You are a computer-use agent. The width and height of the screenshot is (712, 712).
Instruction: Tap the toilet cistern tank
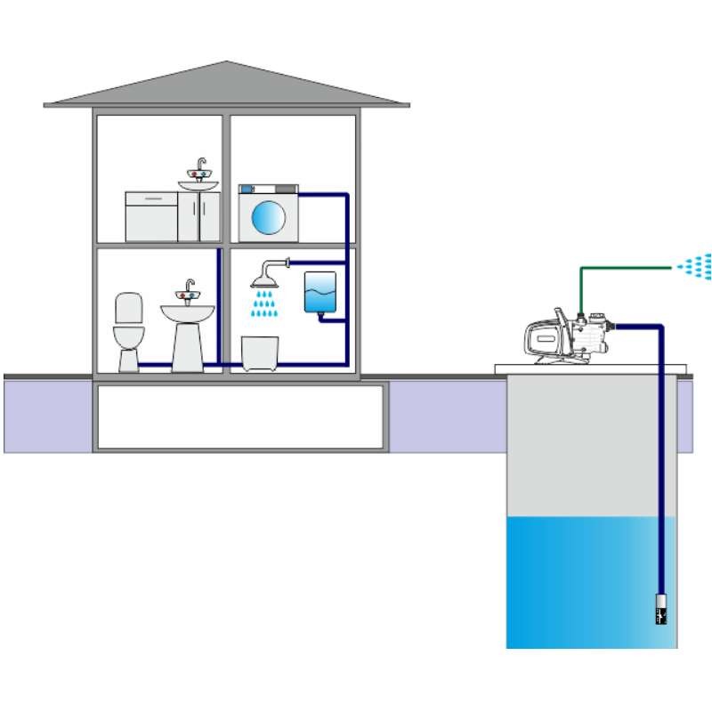[129, 308]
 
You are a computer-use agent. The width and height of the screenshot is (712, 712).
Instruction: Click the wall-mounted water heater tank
[320, 291]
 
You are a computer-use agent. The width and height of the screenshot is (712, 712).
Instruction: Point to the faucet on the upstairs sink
[200, 168]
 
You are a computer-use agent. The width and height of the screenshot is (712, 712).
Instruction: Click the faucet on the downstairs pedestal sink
[188, 290]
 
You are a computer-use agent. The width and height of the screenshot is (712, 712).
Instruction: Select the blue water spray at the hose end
[695, 265]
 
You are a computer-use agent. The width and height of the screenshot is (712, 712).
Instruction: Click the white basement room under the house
[240, 416]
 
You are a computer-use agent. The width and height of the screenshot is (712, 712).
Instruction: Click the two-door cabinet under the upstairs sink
[198, 215]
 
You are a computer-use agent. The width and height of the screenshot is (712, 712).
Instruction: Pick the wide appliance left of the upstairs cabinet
[151, 215]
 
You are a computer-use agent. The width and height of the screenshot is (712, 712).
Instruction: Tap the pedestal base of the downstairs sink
[187, 347]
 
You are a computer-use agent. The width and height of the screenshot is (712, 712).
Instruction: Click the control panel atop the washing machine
[268, 190]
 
